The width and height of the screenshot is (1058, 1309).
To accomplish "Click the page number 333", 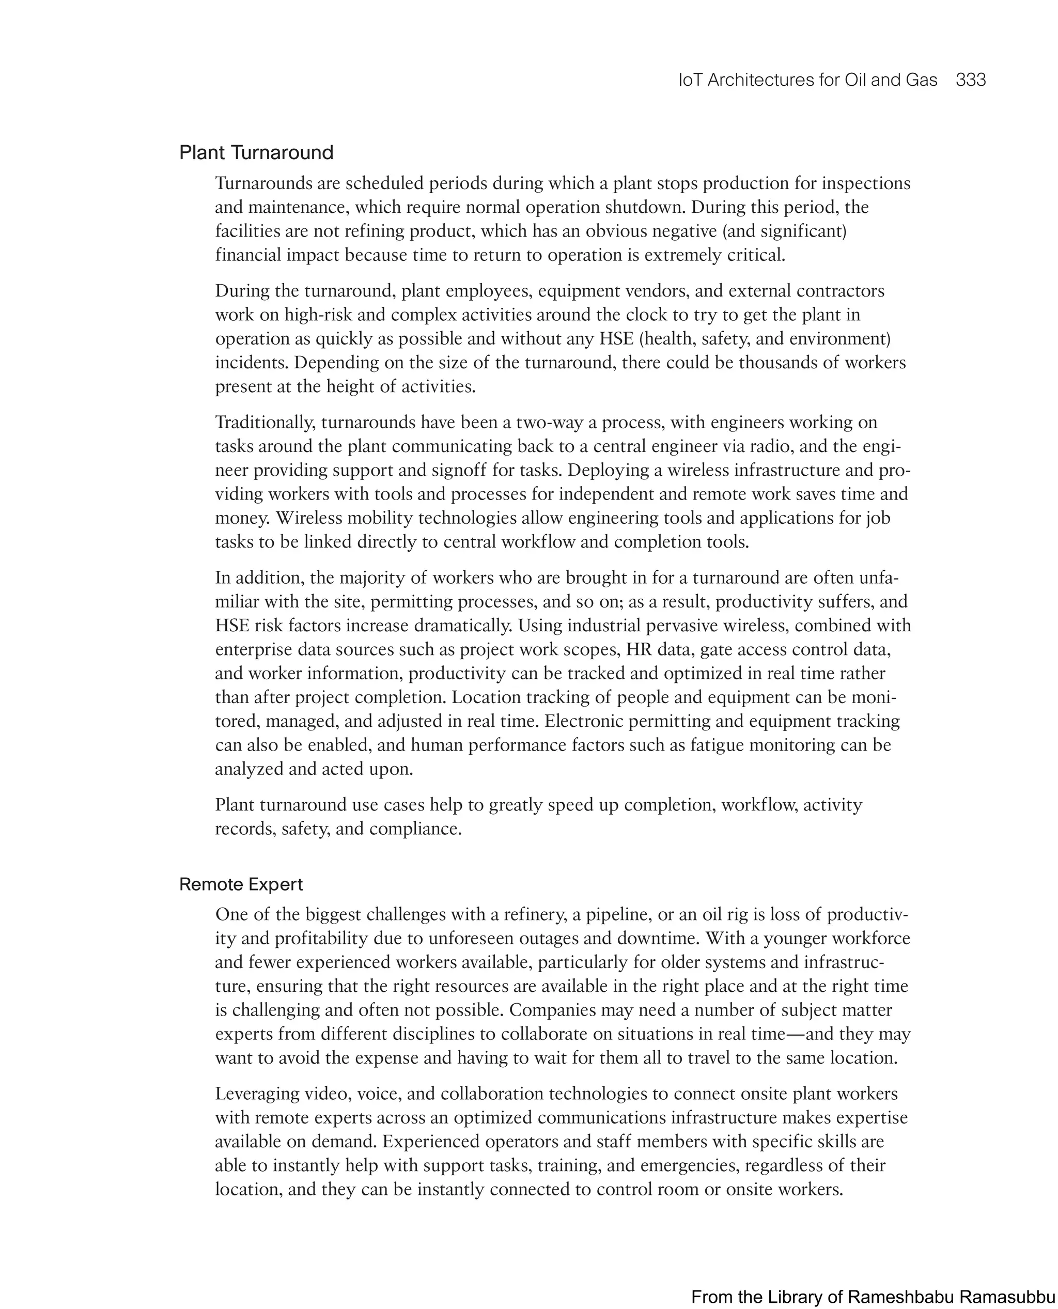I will (x=970, y=80).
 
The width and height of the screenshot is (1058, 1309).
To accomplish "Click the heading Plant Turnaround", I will (x=256, y=152).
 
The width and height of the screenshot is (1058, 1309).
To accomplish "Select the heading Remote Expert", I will (x=241, y=884).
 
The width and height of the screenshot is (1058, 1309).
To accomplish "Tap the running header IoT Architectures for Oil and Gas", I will (x=807, y=80).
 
